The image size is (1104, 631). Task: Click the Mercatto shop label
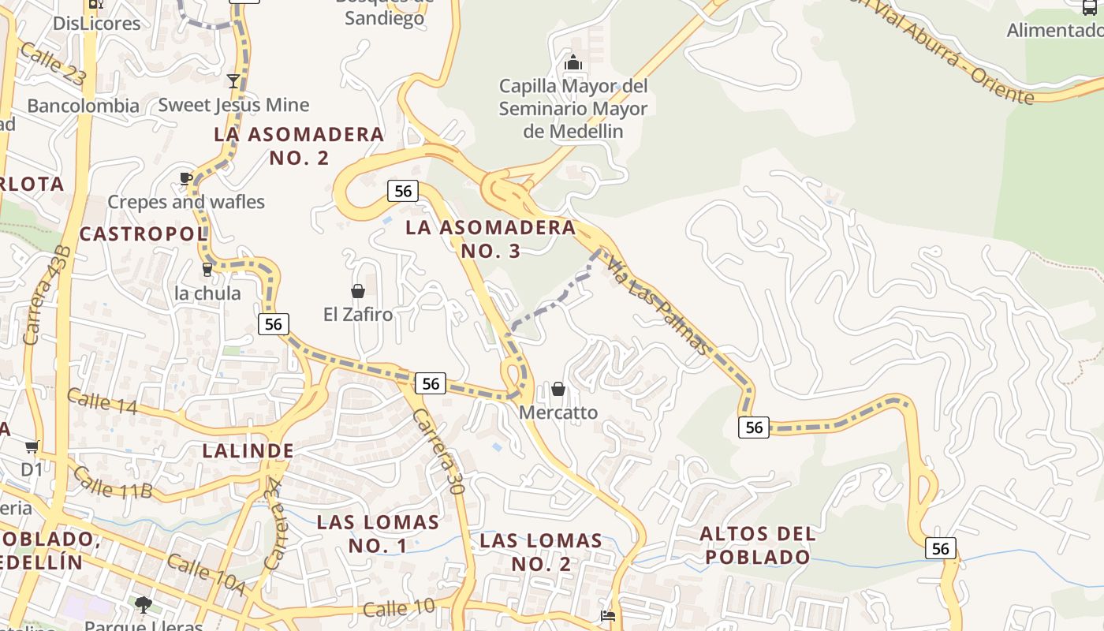(558, 413)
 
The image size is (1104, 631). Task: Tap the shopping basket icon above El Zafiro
(358, 291)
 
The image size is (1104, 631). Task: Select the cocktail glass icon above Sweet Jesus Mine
(233, 80)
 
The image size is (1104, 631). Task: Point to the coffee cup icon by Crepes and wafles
(185, 178)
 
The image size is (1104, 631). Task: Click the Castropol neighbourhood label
(143, 233)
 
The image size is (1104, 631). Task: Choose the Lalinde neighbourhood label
(248, 451)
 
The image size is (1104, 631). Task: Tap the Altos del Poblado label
(758, 545)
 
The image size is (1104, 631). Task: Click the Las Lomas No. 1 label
(378, 533)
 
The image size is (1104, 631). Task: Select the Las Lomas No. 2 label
(541, 552)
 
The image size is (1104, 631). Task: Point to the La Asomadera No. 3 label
(490, 239)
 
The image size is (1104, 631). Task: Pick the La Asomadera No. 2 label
(299, 146)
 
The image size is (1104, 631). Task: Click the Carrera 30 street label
(437, 451)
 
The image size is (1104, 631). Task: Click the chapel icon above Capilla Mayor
(573, 62)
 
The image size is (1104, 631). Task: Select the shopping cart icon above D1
(32, 447)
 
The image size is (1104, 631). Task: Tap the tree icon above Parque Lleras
(143, 605)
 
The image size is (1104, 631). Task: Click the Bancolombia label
(83, 106)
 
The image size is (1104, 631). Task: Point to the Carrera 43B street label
(47, 295)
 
